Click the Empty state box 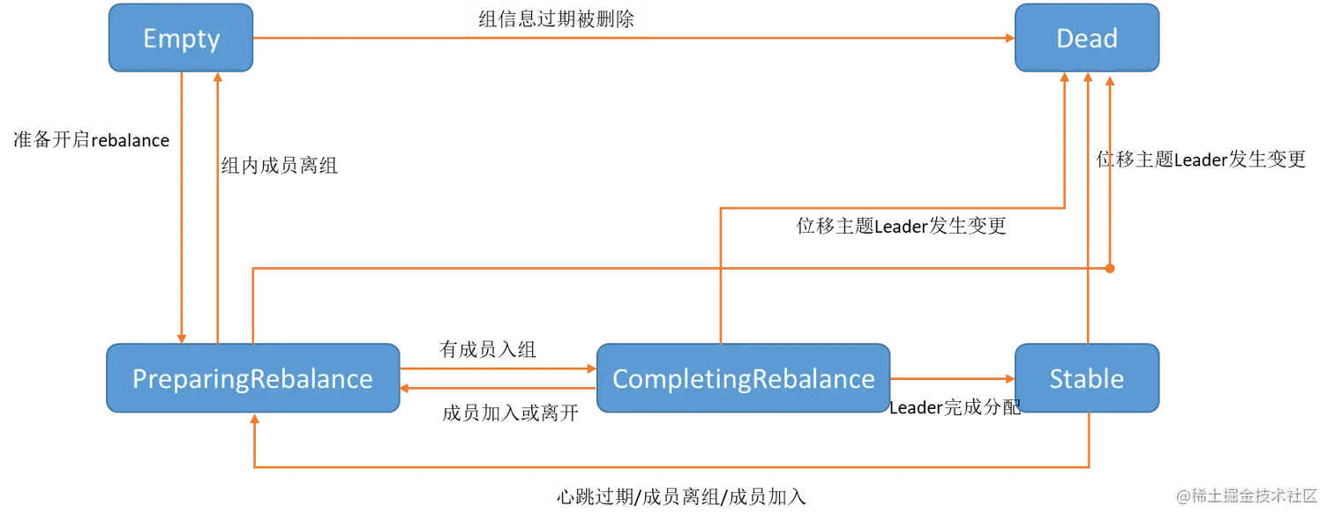tap(181, 39)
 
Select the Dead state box tap(1086, 39)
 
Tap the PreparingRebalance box tap(252, 379)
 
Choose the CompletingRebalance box tap(743, 379)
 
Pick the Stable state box tap(1086, 379)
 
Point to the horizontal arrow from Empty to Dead tap(794, 39)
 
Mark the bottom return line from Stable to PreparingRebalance tap(671, 466)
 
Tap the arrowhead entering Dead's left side tap(1006, 39)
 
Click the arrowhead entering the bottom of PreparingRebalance tap(255, 422)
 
